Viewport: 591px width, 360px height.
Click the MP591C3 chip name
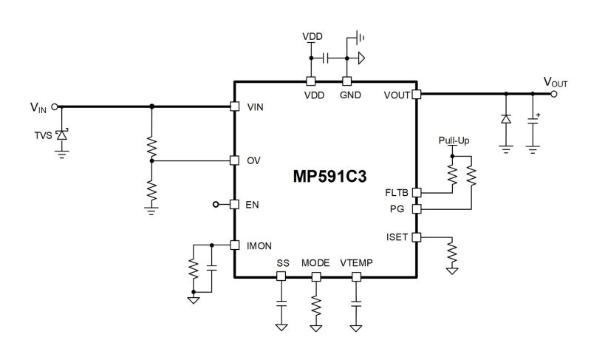pos(329,177)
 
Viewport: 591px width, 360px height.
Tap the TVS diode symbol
pos(62,135)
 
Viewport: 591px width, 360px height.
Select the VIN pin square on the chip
pos(234,106)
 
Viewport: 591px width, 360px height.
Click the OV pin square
pos(234,160)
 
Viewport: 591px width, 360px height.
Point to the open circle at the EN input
pos(216,205)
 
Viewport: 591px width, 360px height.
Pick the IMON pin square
pos(234,245)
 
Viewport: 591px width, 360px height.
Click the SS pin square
pos(281,276)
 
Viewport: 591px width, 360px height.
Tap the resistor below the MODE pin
pos(316,306)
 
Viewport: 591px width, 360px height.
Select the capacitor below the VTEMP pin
pos(356,304)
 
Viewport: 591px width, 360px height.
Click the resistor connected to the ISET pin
pos(451,253)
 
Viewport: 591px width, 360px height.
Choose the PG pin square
pos(417,209)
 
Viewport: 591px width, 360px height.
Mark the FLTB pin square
pos(417,193)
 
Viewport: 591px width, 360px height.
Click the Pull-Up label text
pos(454,140)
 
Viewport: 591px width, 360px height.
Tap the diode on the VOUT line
pos(506,119)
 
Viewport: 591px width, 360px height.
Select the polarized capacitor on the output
pos(533,121)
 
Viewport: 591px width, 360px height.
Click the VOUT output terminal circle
pos(553,94)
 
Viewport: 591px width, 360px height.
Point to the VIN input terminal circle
pos(54,107)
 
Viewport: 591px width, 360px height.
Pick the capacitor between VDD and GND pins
pos(326,58)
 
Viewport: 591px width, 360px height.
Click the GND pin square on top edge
pos(346,81)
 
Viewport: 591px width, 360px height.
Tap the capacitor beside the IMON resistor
pos(212,268)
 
